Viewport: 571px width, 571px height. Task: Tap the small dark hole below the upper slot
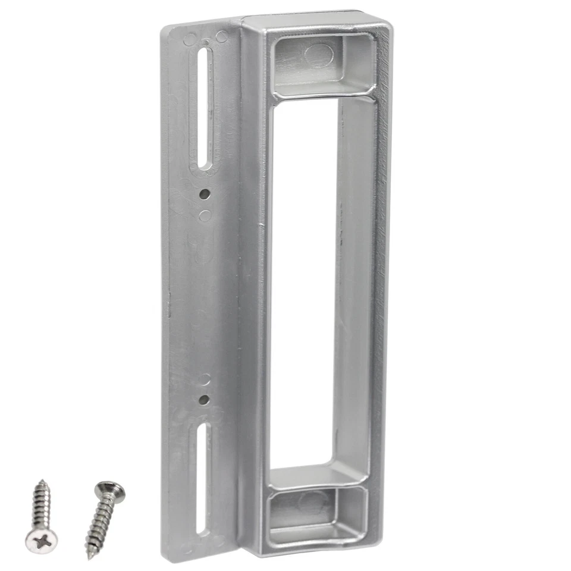pyautogui.click(x=204, y=194)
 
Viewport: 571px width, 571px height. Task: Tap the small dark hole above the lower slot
pyautogui.click(x=204, y=400)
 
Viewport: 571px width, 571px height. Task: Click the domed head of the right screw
pyautogui.click(x=111, y=491)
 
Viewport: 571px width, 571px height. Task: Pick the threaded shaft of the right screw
pyautogui.click(x=100, y=523)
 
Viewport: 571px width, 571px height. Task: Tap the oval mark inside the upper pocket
pyautogui.click(x=319, y=55)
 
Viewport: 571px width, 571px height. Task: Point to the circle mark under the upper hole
pyautogui.click(x=205, y=215)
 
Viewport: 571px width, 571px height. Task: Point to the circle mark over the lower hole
pyautogui.click(x=204, y=379)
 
